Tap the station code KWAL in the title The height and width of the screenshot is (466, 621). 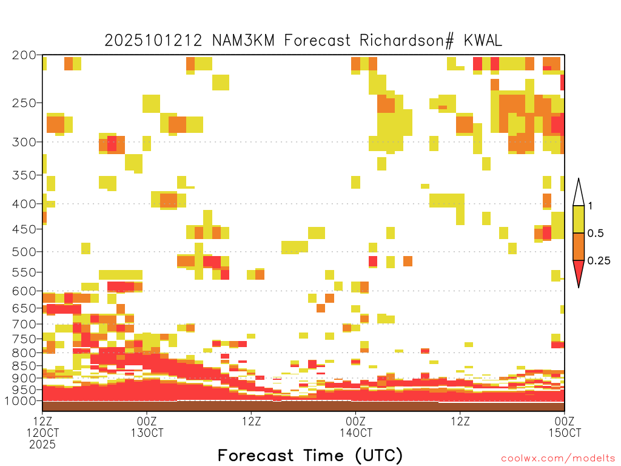coord(483,41)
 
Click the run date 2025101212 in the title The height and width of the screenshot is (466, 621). coord(153,41)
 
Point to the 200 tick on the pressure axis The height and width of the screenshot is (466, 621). coord(24,55)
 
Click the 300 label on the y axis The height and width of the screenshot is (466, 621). coord(24,142)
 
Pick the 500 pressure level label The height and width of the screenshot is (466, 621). coord(24,252)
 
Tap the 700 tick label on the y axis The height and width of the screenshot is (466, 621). coord(24,324)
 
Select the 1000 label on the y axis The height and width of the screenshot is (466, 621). coord(21,401)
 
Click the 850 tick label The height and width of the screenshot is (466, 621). coord(24,366)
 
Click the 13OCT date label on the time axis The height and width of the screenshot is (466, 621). coord(147,433)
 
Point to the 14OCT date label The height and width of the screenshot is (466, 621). coord(355,433)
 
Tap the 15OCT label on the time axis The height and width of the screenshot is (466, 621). coord(565,433)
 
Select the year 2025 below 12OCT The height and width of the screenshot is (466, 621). coord(42,444)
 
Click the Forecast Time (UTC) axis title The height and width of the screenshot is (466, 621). coord(310,456)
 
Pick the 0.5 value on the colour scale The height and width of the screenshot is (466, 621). coord(596,234)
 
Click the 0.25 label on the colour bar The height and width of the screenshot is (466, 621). coord(599,261)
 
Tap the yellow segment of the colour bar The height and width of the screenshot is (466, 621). coord(579,219)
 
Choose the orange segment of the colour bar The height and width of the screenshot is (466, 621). coord(579,246)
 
